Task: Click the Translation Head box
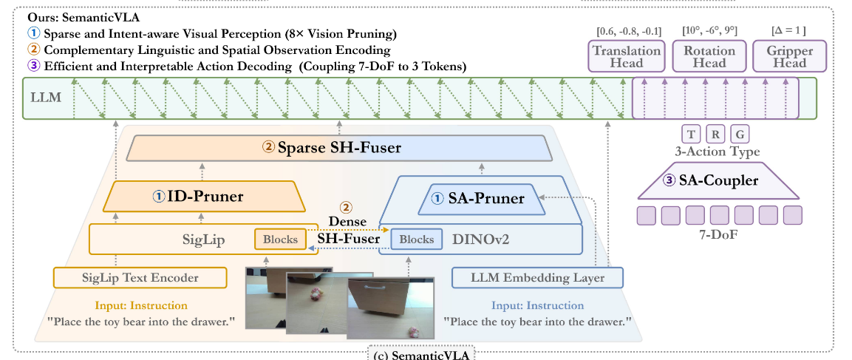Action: (627, 57)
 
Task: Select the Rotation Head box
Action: (709, 57)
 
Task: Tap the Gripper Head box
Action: (789, 57)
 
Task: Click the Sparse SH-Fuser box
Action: (339, 147)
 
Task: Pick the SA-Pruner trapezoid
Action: (482, 199)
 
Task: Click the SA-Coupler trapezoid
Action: (718, 181)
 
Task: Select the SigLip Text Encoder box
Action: (140, 278)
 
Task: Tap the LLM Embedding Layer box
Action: (537, 278)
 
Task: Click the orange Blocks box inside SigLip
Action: (280, 240)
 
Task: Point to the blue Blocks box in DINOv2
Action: (416, 240)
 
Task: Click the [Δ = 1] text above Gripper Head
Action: (788, 30)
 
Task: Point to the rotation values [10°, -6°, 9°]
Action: (709, 30)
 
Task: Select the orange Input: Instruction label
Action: (140, 305)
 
